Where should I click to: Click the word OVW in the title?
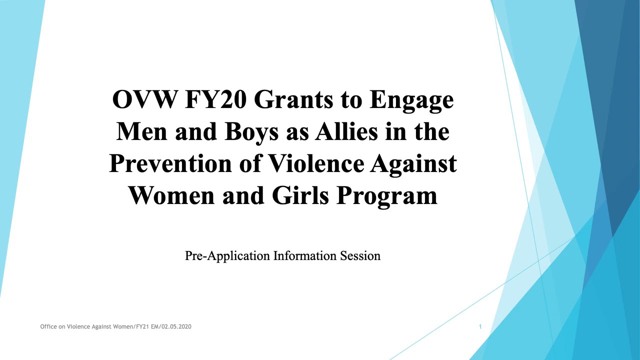point(145,99)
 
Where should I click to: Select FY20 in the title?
point(216,99)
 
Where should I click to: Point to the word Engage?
point(411,100)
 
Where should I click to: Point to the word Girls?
point(300,195)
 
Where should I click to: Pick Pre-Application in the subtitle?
point(227,256)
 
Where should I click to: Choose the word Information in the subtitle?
point(305,255)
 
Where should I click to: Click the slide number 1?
point(480,326)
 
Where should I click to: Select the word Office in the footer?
point(48,326)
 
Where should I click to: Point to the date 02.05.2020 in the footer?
point(176,326)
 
